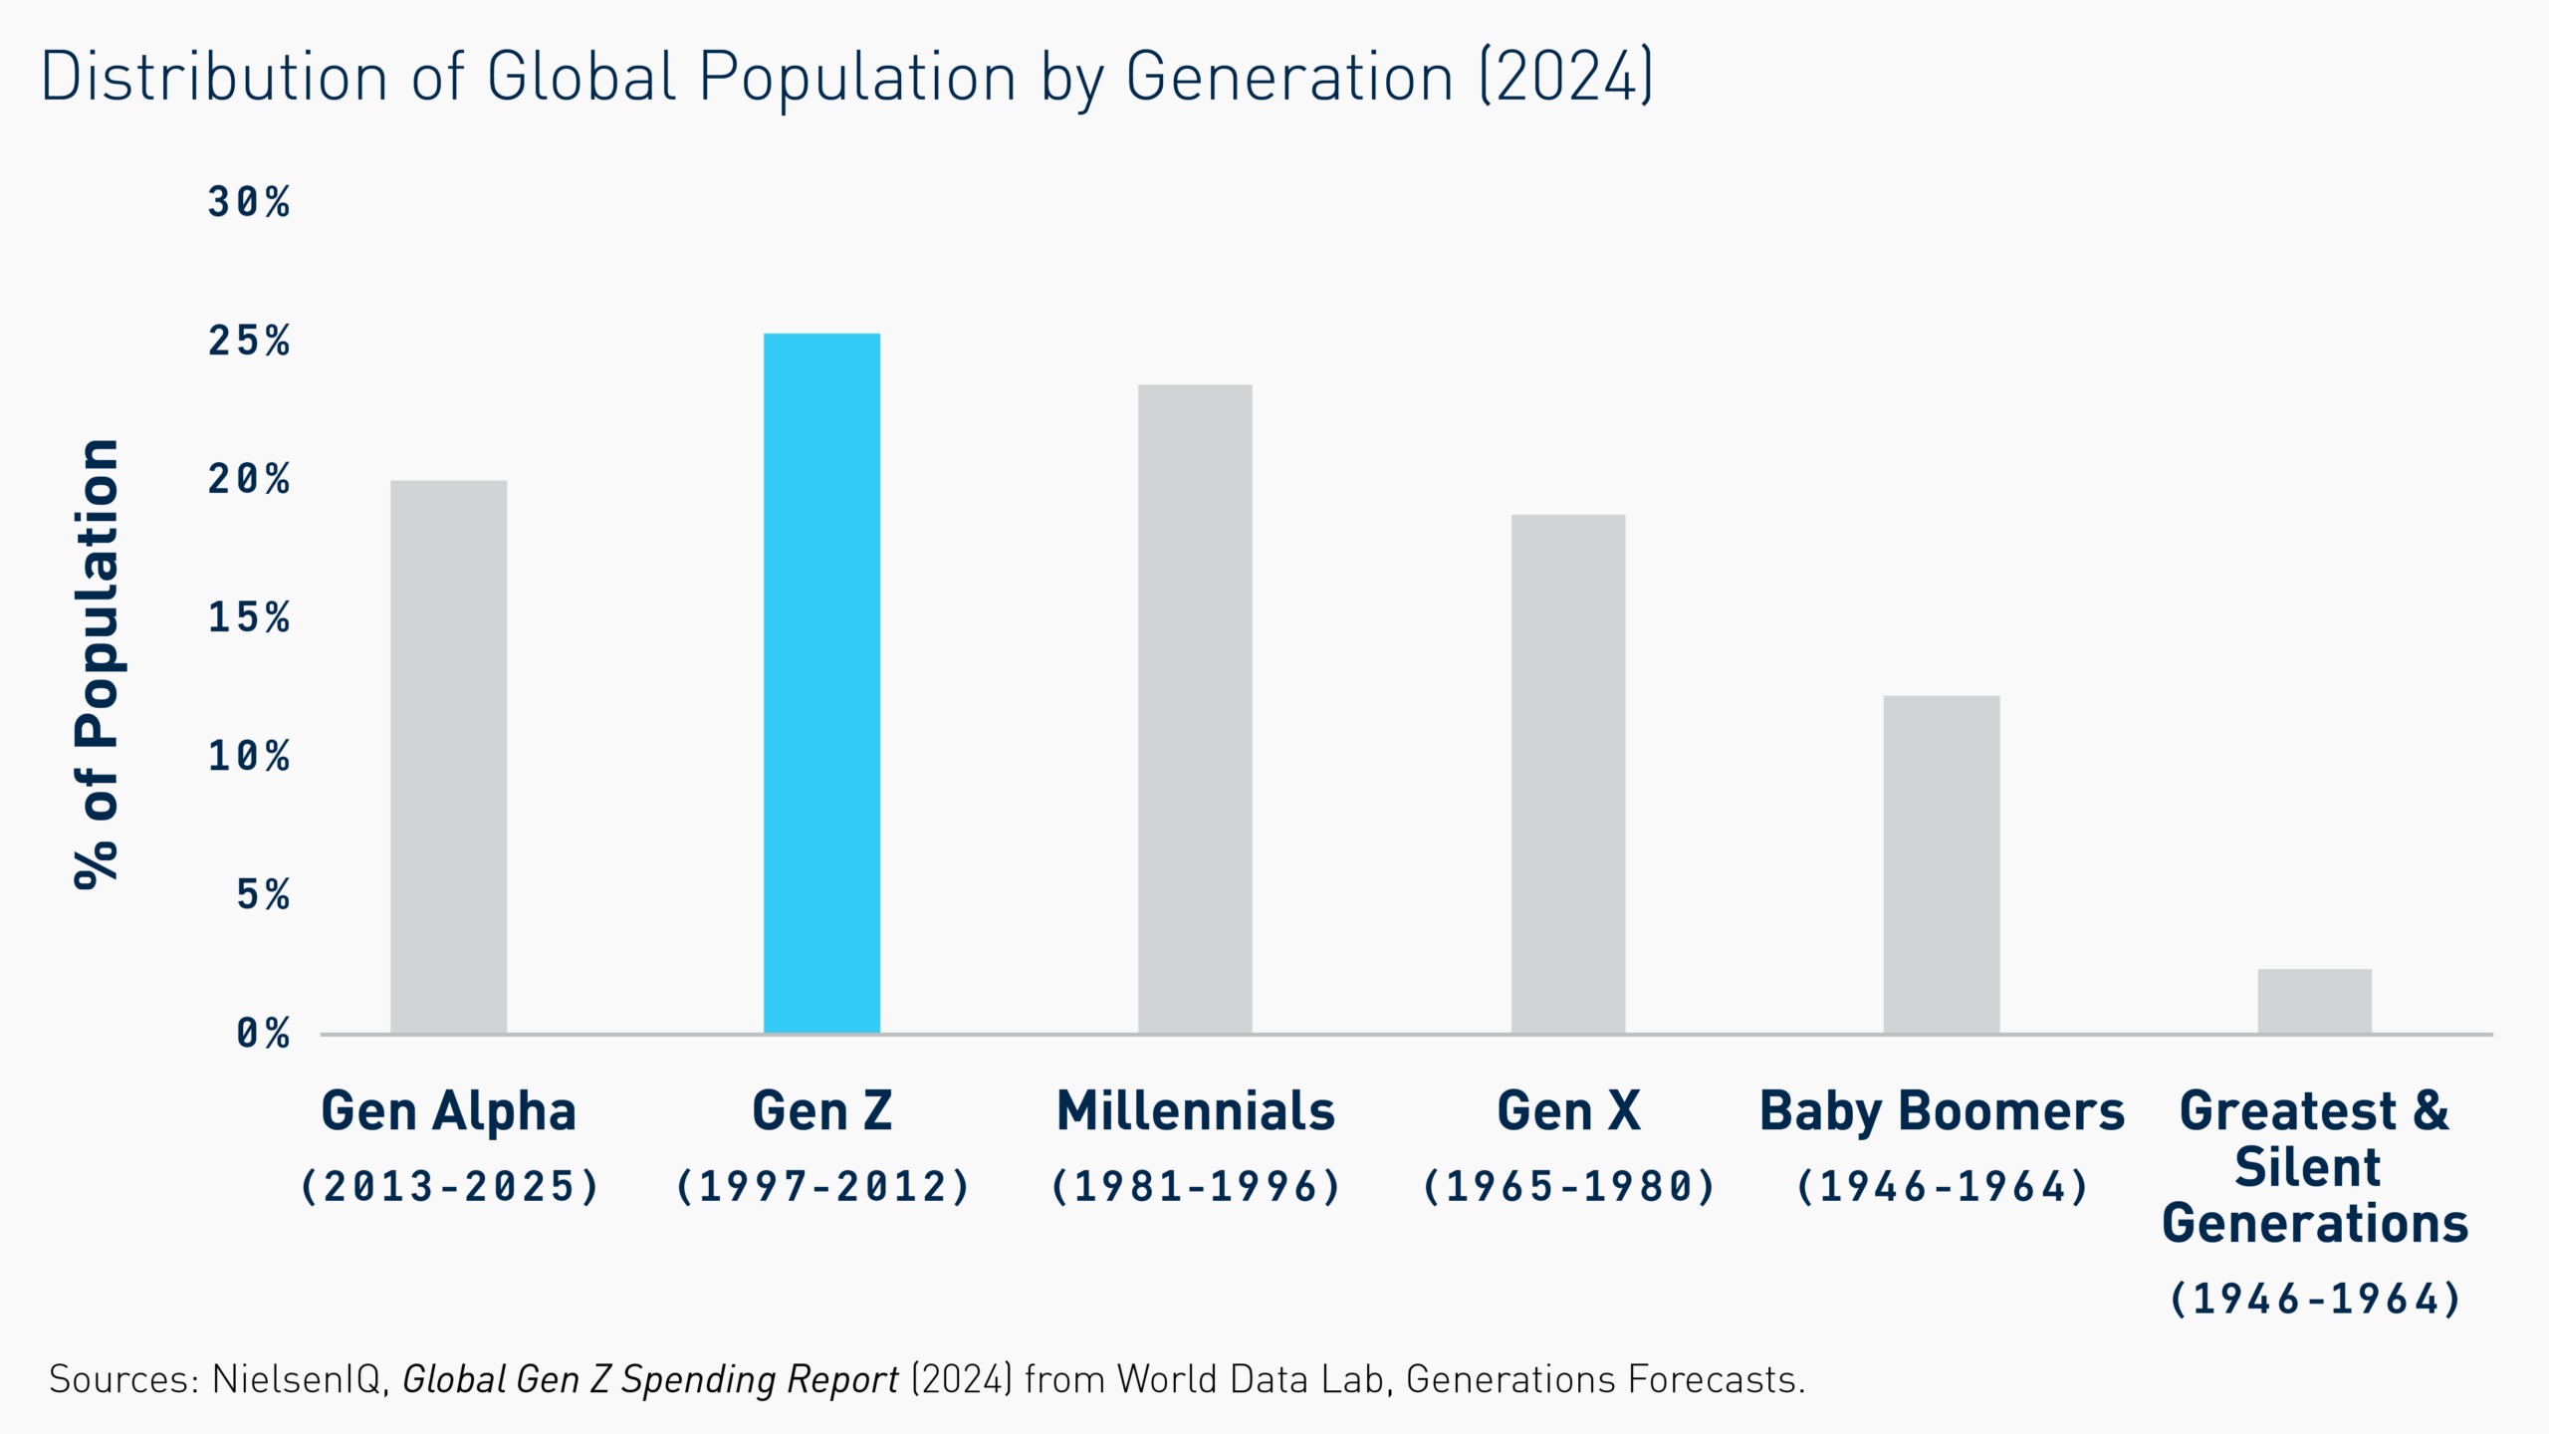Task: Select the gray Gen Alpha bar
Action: (x=448, y=757)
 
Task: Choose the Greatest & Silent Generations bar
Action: (x=2314, y=1001)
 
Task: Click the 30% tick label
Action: (x=249, y=202)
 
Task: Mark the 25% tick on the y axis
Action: (x=249, y=341)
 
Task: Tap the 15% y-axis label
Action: (x=249, y=617)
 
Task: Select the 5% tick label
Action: (x=263, y=894)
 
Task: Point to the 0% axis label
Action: (x=263, y=1034)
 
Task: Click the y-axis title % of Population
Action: (x=98, y=662)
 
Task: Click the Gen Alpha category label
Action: (x=448, y=1111)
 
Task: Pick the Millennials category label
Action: (x=1195, y=1110)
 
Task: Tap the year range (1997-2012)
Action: (x=822, y=1186)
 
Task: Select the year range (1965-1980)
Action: (x=1569, y=1186)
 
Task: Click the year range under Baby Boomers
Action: (x=1942, y=1186)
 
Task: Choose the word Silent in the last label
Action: (x=2307, y=1167)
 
